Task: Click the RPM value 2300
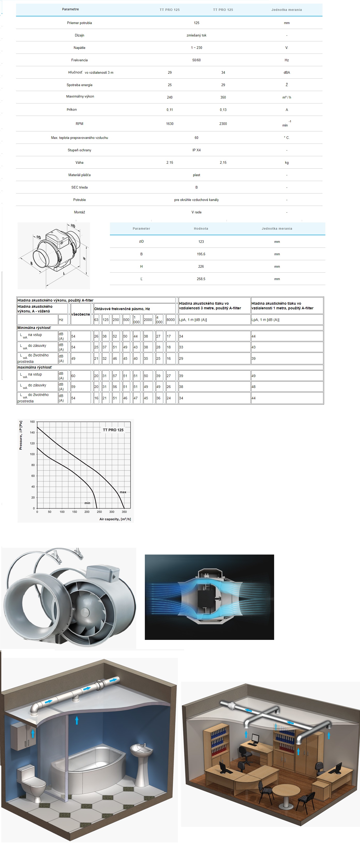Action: (223, 124)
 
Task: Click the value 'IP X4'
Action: (196, 150)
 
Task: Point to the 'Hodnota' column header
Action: (201, 228)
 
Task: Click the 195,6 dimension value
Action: (201, 254)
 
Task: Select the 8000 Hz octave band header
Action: (171, 320)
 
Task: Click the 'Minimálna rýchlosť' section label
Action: (34, 327)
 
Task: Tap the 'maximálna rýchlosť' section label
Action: (35, 367)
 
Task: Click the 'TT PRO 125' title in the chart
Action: (113, 430)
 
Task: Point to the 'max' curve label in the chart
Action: (123, 492)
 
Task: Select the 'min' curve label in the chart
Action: (87, 503)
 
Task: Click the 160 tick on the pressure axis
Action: (32, 422)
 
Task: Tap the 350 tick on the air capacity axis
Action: (124, 512)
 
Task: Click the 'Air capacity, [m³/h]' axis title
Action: (115, 519)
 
